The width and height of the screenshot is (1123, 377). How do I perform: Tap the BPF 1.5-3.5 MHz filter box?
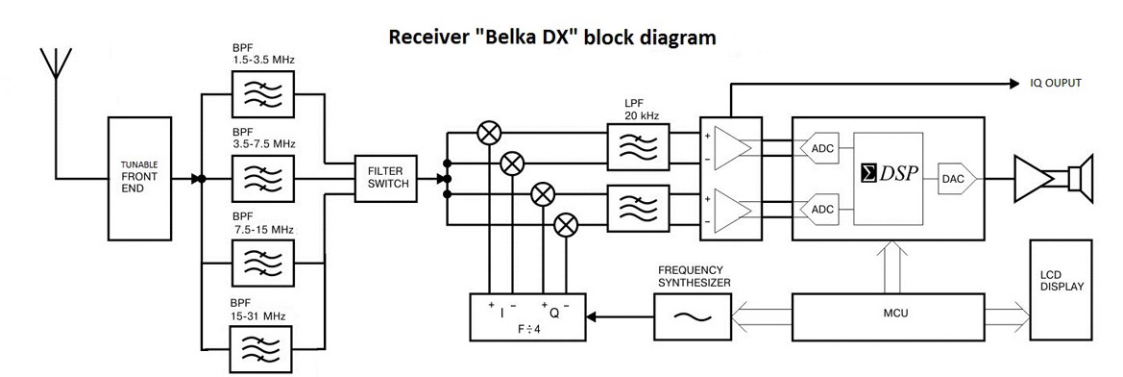click(x=263, y=92)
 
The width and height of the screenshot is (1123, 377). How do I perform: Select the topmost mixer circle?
click(x=489, y=133)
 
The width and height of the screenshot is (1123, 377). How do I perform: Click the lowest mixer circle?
click(x=567, y=224)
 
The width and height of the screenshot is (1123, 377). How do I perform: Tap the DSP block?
click(x=888, y=173)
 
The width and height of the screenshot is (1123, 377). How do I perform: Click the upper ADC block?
click(x=820, y=148)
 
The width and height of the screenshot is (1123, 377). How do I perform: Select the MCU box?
click(x=885, y=314)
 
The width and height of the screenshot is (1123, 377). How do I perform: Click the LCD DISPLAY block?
click(x=1061, y=289)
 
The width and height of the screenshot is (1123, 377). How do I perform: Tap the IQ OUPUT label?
click(x=1056, y=83)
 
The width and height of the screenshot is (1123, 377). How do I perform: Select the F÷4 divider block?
click(x=527, y=316)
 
